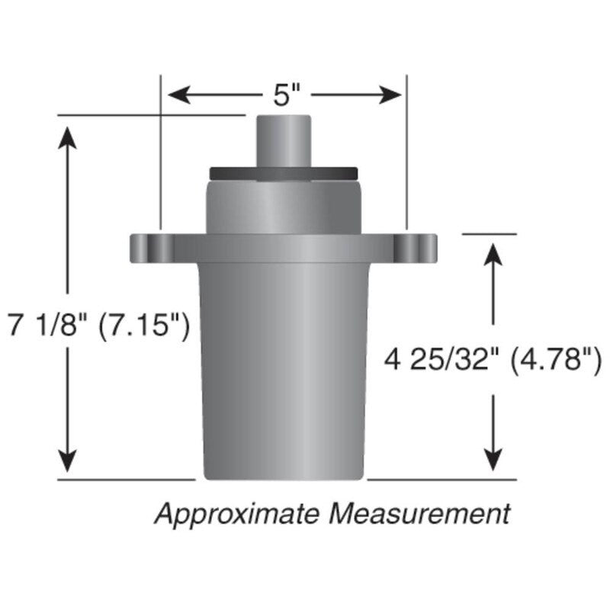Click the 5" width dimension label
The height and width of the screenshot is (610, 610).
(x=287, y=95)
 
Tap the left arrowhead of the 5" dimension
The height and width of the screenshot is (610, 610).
(x=179, y=95)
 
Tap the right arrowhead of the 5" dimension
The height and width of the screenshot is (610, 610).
(x=390, y=95)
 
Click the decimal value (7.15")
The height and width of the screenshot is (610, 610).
(x=143, y=326)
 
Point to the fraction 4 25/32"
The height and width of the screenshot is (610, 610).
(x=442, y=360)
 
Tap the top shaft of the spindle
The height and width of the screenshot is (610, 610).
(x=284, y=142)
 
